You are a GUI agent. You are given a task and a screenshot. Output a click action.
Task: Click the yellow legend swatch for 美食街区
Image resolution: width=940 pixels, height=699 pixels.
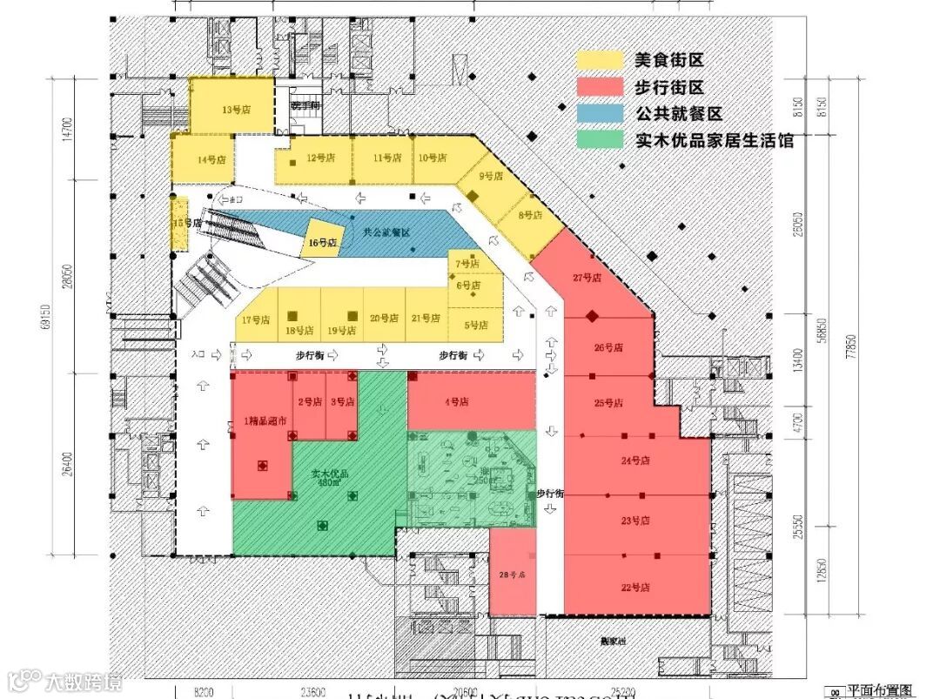tap(601, 60)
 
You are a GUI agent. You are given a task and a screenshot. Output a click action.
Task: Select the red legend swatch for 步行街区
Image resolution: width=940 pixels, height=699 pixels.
tap(601, 86)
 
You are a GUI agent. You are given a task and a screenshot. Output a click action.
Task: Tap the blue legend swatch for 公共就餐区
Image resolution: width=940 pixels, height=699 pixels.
tap(601, 113)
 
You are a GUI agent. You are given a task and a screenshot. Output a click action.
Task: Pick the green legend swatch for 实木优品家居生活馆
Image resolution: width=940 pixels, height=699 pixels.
tap(601, 139)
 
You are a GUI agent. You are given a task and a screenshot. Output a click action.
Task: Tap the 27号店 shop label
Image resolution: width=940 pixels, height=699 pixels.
tap(587, 278)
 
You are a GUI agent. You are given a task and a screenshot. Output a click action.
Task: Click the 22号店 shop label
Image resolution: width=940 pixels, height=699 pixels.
tap(635, 588)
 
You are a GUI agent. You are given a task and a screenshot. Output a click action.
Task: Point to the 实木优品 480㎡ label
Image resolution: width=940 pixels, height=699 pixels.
tap(330, 478)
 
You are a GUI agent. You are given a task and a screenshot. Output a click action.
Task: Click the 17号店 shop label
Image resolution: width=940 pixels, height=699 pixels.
tap(257, 320)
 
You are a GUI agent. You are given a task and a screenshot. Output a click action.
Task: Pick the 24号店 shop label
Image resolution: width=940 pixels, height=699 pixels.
tap(635, 460)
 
